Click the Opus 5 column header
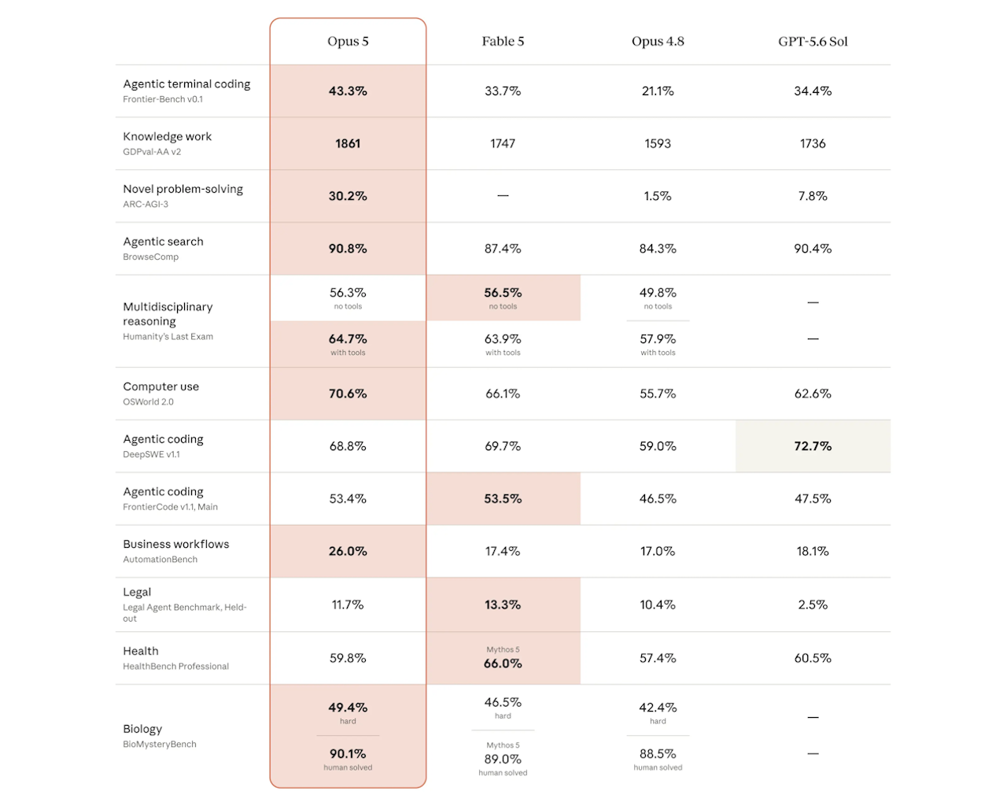click(348, 41)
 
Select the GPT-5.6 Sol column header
click(813, 41)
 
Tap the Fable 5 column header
click(503, 41)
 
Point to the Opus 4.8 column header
click(658, 41)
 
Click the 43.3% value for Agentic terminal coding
click(348, 91)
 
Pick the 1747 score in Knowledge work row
click(503, 143)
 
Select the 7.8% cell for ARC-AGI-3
click(813, 196)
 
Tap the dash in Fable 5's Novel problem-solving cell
click(503, 195)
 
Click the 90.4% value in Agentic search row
click(813, 248)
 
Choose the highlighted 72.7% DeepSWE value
click(813, 446)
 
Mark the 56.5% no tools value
click(503, 293)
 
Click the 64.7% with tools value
click(348, 338)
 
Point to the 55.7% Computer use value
click(658, 394)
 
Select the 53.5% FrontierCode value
click(503, 498)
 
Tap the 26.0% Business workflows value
click(348, 551)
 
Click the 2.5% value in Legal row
click(813, 604)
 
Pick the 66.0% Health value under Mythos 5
click(503, 664)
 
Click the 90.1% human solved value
click(348, 753)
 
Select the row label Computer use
click(160, 386)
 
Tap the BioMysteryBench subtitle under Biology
click(160, 744)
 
